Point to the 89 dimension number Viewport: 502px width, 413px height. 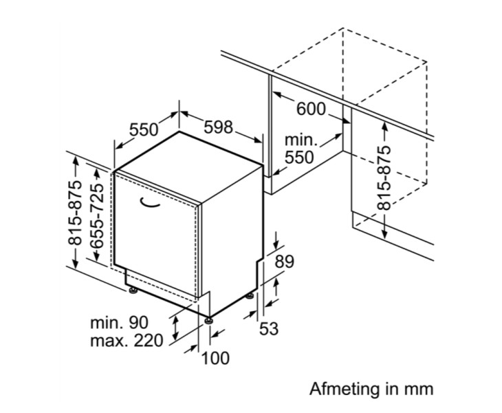pyautogui.click(x=284, y=262)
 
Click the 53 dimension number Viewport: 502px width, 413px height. pyautogui.click(x=269, y=329)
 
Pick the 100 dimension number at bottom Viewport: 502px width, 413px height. pyautogui.click(x=215, y=358)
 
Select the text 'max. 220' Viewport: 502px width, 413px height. pyautogui.click(x=127, y=340)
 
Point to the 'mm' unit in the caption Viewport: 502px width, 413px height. pyautogui.click(x=419, y=389)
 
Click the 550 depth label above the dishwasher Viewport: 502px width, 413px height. pyautogui.click(x=144, y=129)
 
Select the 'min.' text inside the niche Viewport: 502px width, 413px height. pyautogui.click(x=301, y=140)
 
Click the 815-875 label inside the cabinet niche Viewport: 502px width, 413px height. pyautogui.click(x=384, y=178)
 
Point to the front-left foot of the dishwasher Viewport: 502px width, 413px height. pyautogui.click(x=131, y=292)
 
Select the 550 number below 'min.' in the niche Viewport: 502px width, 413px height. pyautogui.click(x=299, y=158)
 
